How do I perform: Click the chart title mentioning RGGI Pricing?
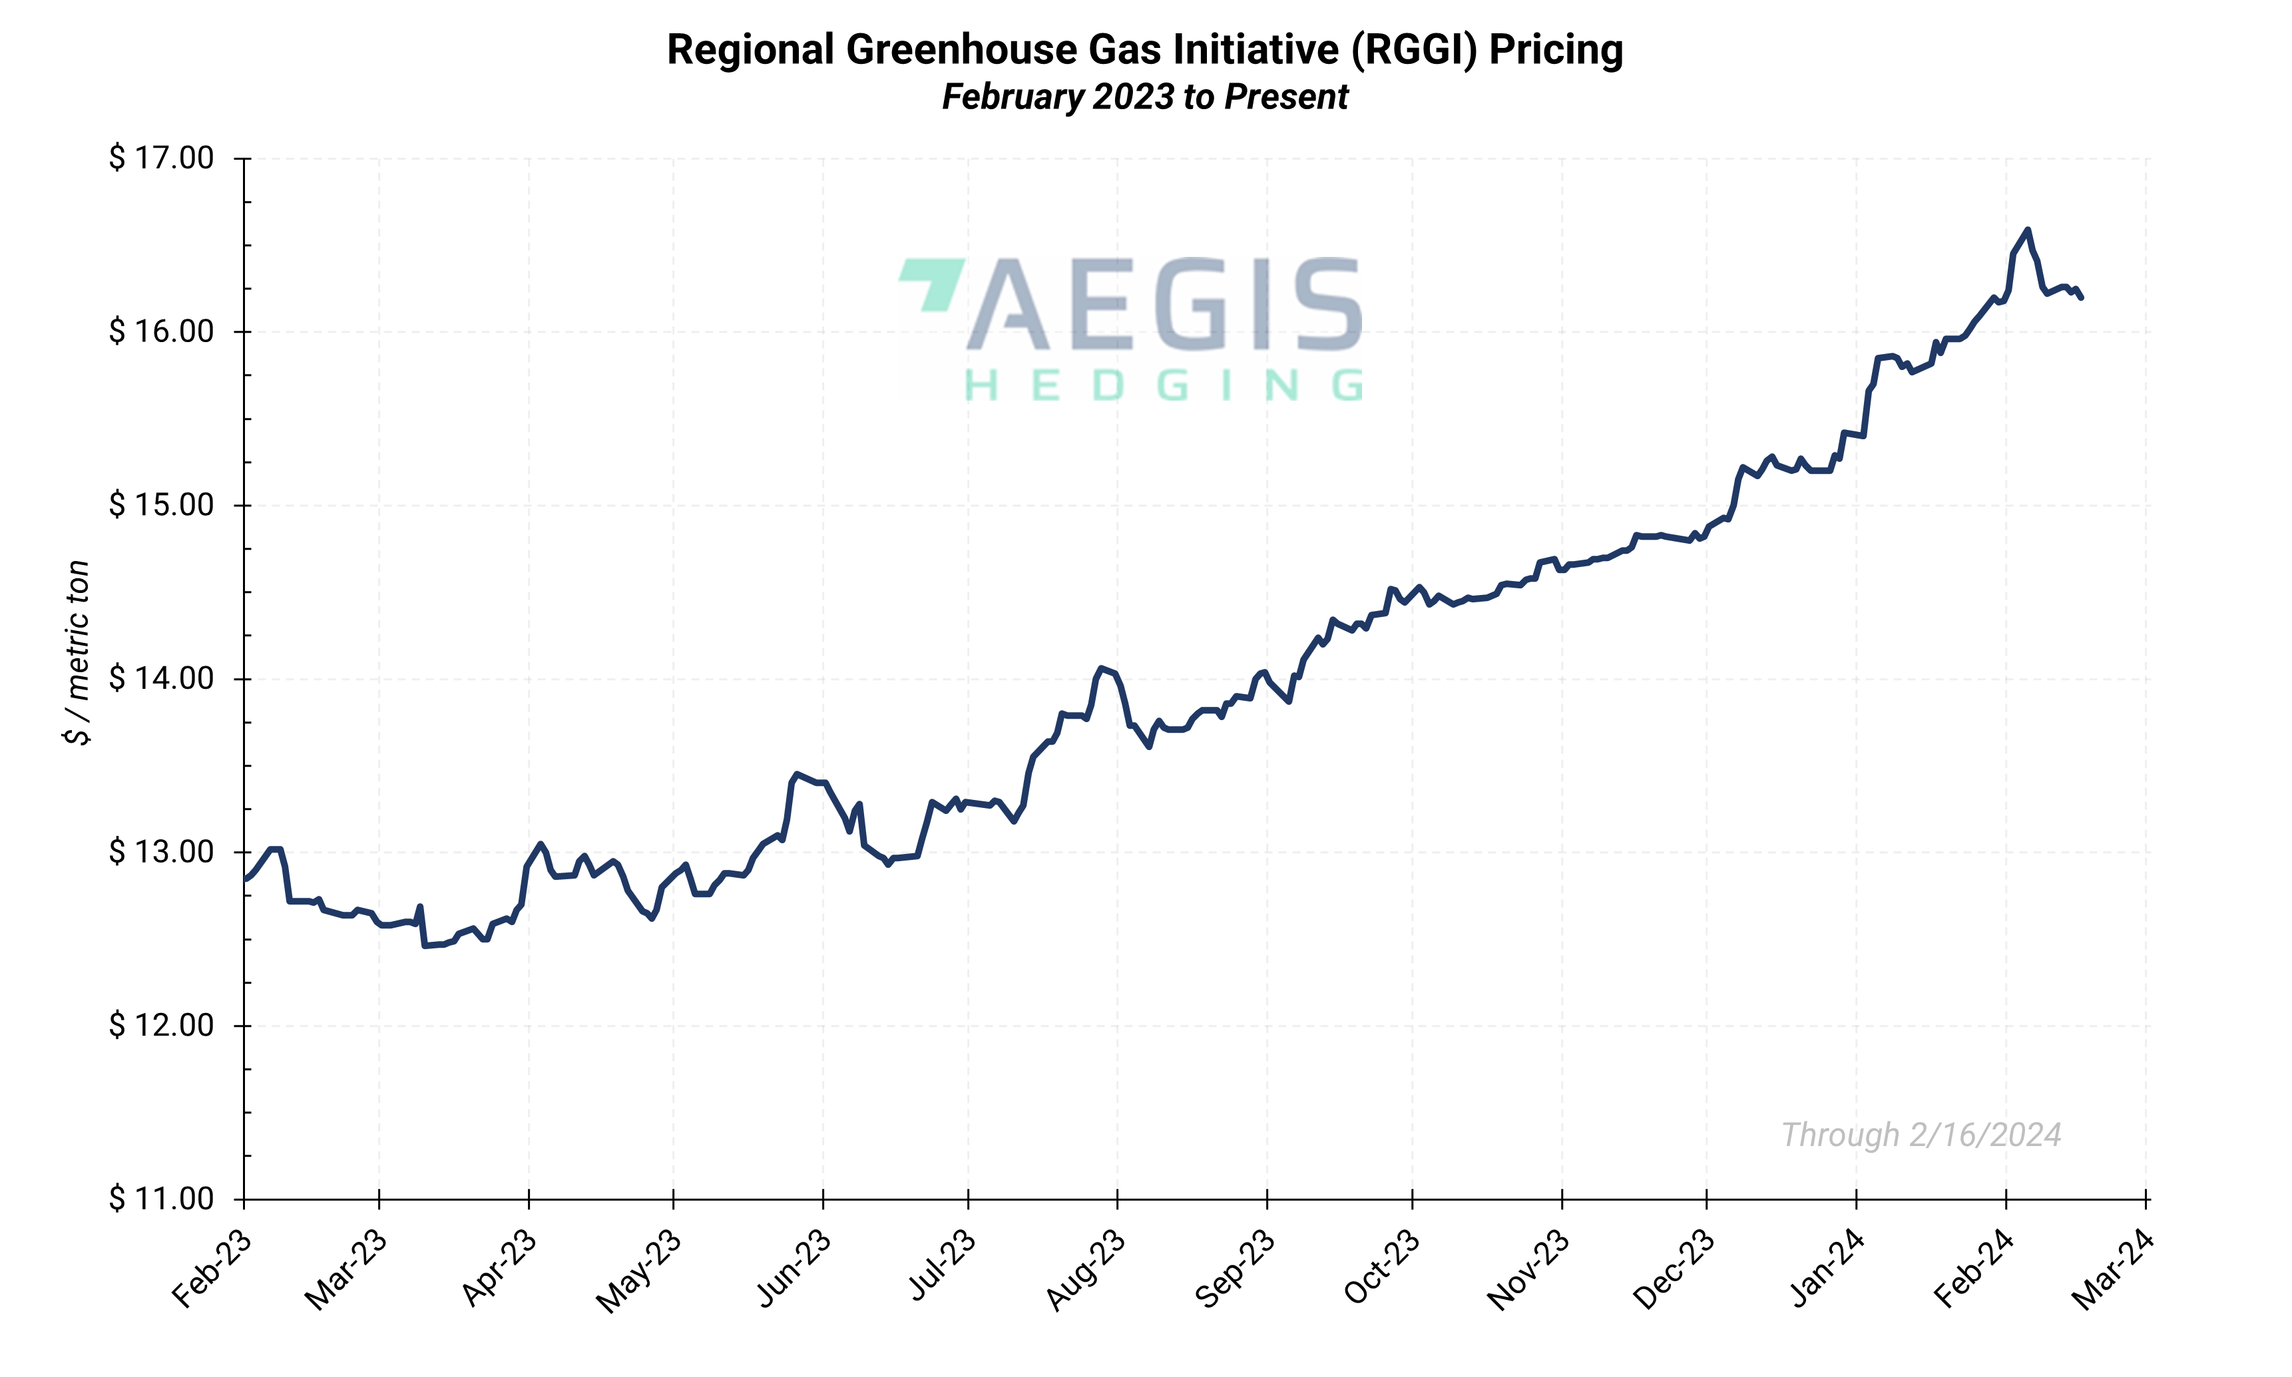coord(1144,50)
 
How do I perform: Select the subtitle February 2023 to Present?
coord(1144,97)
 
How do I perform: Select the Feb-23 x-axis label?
coord(212,1269)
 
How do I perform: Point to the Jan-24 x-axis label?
coord(1826,1269)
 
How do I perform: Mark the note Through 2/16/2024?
coord(1920,1135)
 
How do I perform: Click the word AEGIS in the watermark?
coord(1164,305)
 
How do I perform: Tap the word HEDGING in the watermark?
coord(1164,385)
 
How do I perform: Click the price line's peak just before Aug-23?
coord(1100,668)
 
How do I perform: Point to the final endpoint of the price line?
coord(2082,297)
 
